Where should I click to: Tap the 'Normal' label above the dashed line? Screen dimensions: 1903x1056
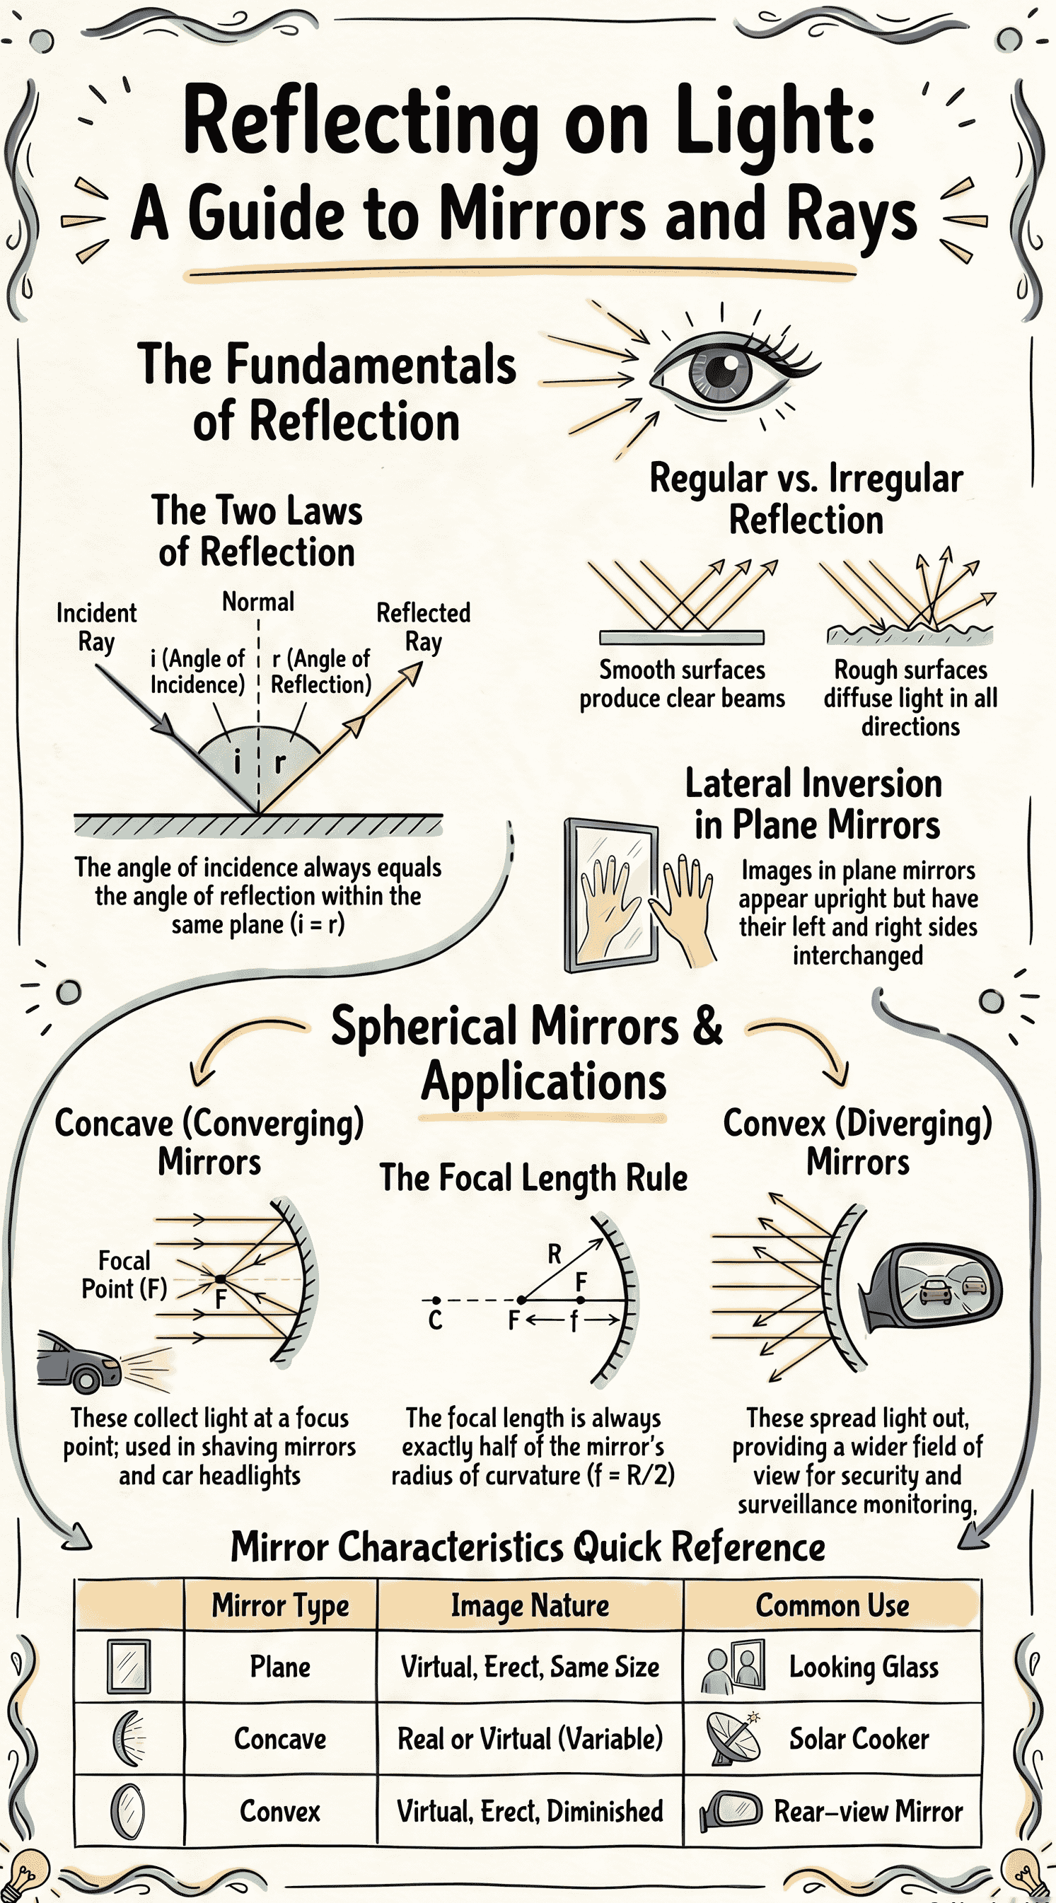258,601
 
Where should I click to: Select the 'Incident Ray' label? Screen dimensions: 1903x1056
97,627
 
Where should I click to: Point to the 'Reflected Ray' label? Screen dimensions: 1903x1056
424,627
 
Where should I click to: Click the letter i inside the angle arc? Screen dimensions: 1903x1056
237,761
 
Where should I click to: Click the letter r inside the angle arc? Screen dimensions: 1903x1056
279,762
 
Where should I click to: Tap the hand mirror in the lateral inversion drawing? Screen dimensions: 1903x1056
611,895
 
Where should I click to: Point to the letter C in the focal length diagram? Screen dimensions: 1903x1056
435,1320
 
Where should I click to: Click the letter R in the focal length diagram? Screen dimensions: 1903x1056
555,1254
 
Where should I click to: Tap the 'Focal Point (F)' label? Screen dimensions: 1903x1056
124,1274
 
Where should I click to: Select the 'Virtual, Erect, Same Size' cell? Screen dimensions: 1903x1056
530,1668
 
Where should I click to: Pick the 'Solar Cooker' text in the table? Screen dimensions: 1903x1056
859,1739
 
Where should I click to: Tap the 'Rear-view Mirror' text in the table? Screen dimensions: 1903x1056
869,1811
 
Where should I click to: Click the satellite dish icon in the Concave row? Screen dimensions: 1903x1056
732,1739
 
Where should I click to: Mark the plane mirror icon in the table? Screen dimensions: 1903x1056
129,1667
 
